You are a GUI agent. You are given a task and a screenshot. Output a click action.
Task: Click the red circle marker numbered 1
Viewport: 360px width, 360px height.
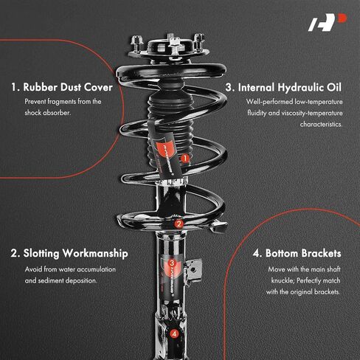coord(184,159)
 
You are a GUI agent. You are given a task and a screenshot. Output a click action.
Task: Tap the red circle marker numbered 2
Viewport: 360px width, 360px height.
coord(179,224)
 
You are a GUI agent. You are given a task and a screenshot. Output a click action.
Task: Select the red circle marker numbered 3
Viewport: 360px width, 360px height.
coord(172,263)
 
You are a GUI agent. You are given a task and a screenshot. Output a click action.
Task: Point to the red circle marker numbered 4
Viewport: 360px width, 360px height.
coord(174,333)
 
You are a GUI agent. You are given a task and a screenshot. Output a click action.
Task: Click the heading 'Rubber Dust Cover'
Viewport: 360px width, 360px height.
coord(68,87)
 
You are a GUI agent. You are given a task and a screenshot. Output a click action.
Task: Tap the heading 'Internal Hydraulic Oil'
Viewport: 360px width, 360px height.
coord(290,88)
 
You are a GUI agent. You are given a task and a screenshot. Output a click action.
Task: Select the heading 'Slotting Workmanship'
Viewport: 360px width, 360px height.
coord(75,254)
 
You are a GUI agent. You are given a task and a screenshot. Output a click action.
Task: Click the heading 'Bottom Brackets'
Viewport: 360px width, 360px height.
coord(303,253)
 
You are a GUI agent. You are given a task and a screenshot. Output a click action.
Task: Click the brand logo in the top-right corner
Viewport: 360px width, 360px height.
coord(328,22)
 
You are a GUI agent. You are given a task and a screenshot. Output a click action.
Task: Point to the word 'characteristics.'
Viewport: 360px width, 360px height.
coord(321,124)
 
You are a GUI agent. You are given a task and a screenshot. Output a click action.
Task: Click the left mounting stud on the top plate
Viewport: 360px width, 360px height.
coord(136,44)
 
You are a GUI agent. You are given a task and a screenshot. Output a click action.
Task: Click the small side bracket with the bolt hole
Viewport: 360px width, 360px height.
coord(194,271)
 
